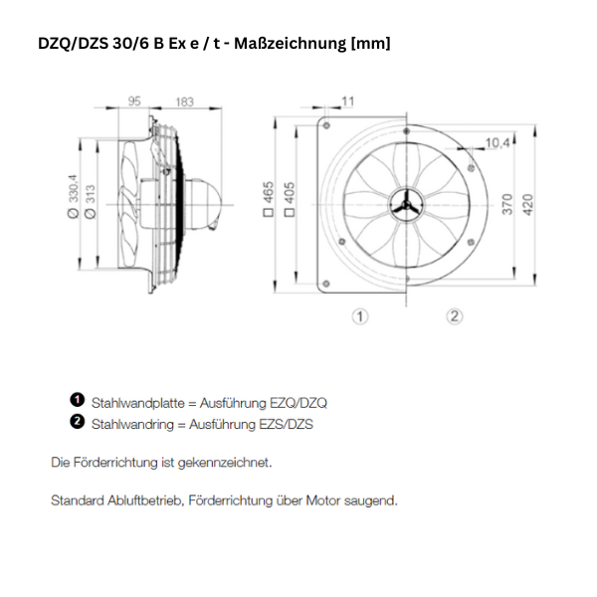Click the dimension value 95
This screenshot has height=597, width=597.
[x=136, y=101]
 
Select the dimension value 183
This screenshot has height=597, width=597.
[x=184, y=101]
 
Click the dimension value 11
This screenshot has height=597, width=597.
[x=347, y=100]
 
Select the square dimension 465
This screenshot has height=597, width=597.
[x=269, y=199]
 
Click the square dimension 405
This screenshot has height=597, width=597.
[x=290, y=199]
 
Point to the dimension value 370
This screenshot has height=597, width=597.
[x=507, y=204]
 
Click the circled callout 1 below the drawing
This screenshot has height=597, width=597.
[x=360, y=316]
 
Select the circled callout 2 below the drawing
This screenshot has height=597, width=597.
[x=454, y=316]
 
